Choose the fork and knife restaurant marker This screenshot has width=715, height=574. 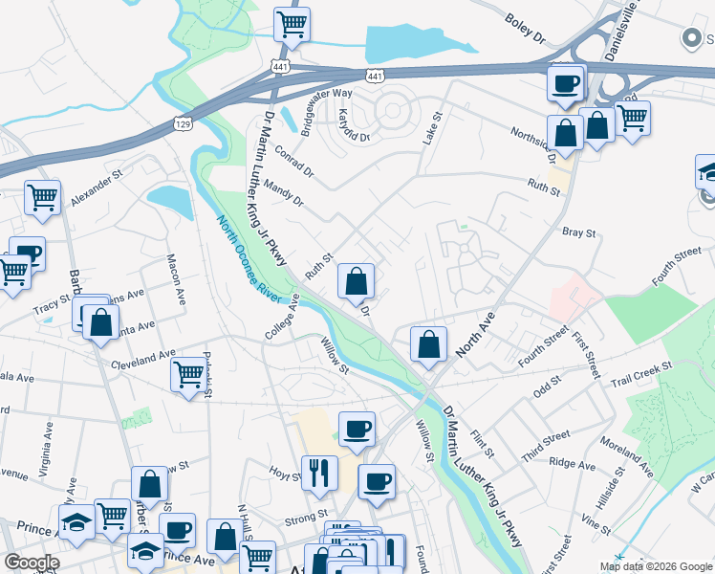point(318,471)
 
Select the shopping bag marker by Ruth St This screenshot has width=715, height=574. point(356,281)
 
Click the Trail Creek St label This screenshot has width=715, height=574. point(641,370)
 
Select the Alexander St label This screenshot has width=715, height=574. point(97,183)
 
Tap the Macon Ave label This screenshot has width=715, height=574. point(176,276)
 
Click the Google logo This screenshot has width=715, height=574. point(32,563)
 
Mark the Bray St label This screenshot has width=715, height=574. point(579,232)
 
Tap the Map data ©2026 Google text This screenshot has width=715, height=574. point(656,566)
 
